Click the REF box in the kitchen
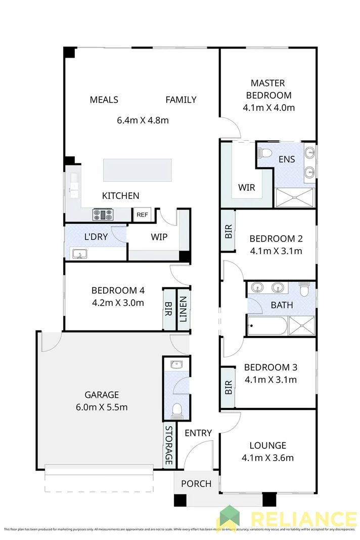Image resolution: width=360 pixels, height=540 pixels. coord(142,215)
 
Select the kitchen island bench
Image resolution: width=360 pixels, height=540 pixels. coord(138,170)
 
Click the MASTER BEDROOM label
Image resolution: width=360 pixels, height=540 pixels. coord(268,89)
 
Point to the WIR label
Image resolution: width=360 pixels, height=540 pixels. coord(247,188)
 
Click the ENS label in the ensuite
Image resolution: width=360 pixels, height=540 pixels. coord(287,159)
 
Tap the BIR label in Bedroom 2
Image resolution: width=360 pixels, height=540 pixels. coord(228,231)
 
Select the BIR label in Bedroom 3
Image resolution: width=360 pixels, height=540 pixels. coord(228,388)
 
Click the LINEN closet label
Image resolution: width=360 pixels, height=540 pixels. coord(183,309)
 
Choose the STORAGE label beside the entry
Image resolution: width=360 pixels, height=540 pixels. coord(169,445)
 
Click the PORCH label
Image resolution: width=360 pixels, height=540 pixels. coord(196,483)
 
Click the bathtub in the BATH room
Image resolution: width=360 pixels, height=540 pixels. coord(267,326)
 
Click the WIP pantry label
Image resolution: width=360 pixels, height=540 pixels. coord(159,237)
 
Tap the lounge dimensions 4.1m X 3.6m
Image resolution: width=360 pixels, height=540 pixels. coord(268,458)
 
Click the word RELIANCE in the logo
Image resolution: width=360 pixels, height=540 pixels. coord(303,520)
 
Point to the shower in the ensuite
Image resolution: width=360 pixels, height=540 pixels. coord(295,197)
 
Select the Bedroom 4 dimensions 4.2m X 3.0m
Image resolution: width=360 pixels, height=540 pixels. coord(118,303)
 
